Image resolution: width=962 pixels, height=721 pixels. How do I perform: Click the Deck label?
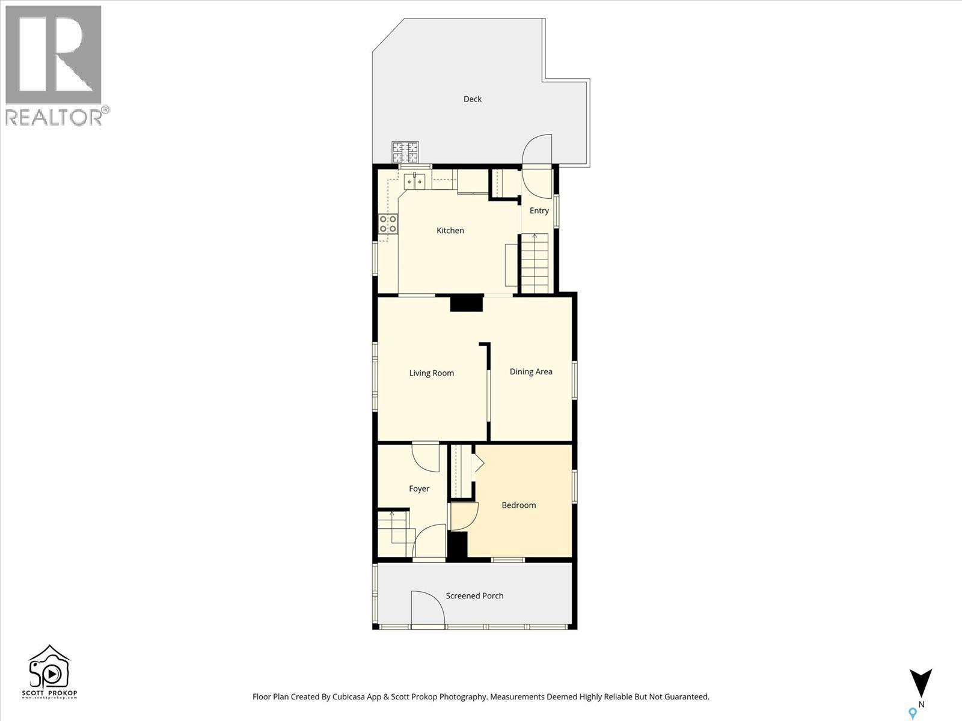(x=473, y=99)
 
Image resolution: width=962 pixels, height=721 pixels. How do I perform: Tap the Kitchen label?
(x=450, y=231)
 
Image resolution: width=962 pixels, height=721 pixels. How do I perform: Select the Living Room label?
(x=431, y=373)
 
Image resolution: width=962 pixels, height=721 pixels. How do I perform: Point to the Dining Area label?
(x=531, y=372)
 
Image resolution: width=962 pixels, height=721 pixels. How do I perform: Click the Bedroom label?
(x=518, y=505)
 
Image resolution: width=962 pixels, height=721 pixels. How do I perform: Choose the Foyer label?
(x=419, y=488)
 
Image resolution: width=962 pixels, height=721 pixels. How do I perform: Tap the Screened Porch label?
(x=474, y=596)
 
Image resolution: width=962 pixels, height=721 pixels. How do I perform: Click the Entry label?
(x=539, y=211)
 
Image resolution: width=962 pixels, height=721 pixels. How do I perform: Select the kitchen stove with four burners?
(x=388, y=224)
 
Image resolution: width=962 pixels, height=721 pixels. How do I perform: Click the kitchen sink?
(x=415, y=180)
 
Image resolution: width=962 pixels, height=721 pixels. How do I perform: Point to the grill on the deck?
(x=405, y=153)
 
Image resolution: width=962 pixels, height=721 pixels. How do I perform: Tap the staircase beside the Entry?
(x=535, y=263)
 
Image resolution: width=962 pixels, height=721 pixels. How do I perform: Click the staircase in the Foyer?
(x=394, y=532)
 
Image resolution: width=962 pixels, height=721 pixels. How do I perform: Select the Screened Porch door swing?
(x=426, y=608)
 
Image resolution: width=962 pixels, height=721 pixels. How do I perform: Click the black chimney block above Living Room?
(x=467, y=303)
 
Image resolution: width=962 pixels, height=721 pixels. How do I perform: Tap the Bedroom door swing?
(x=464, y=516)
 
